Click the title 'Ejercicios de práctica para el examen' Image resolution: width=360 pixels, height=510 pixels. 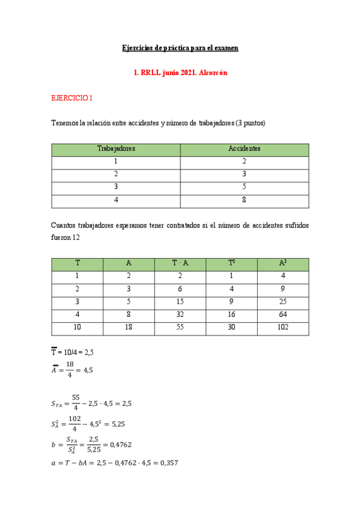point(180,48)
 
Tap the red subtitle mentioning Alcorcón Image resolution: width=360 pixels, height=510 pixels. point(180,72)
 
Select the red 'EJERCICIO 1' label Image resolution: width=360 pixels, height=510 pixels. point(72,97)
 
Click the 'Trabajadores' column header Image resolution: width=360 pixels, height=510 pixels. point(116,149)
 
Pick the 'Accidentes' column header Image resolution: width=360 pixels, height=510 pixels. point(244,149)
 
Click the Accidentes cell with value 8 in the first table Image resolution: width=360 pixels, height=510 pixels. point(244,201)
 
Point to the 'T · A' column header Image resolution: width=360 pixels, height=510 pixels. point(180,263)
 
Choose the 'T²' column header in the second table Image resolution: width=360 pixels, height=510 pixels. point(231,263)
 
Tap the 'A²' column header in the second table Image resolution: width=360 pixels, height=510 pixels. point(283,263)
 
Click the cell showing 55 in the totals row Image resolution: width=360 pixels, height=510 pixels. point(180,328)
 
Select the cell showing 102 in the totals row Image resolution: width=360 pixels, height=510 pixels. point(283,328)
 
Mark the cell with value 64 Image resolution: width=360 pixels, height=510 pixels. point(283,315)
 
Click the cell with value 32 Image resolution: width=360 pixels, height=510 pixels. point(180,315)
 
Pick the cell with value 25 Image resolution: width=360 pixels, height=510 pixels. point(283,303)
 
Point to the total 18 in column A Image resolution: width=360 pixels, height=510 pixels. point(129,328)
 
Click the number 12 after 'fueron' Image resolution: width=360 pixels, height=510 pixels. point(76,238)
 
